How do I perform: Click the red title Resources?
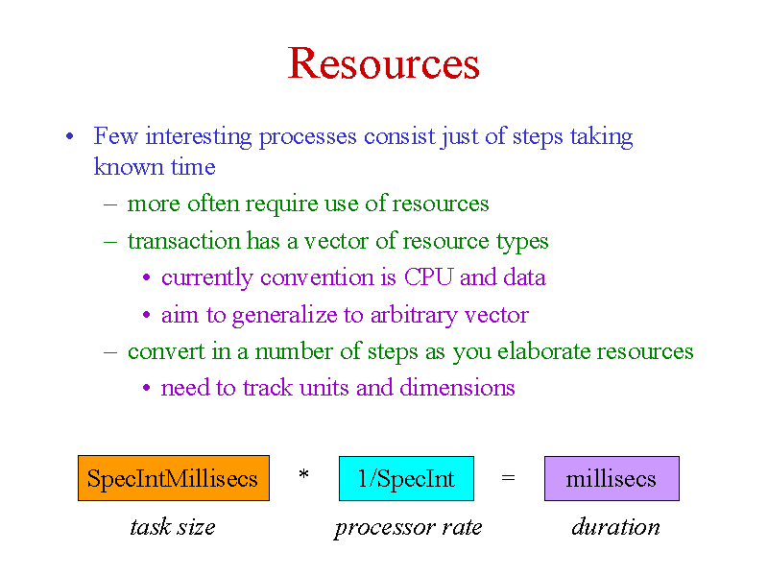383,63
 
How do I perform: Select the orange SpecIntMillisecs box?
174,478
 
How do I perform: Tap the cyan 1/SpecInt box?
406,478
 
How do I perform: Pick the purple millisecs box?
612,478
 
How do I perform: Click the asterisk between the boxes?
303,474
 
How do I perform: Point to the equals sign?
509,477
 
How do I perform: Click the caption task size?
173,527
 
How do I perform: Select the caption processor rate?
408,528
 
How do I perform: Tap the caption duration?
615,527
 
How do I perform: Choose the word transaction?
183,241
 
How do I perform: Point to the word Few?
115,135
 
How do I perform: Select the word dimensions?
458,388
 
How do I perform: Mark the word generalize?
284,316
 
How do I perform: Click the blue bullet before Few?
69,136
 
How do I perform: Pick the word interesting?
199,136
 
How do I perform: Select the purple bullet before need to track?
146,388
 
